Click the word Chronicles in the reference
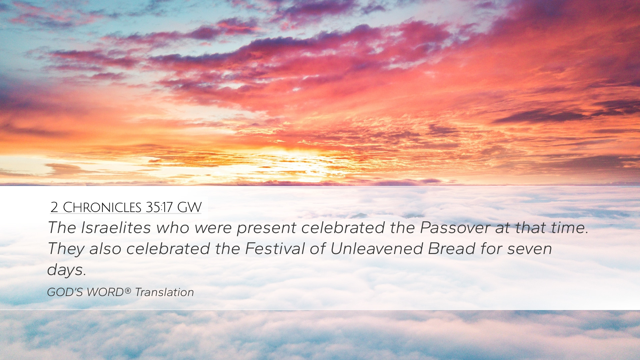click(102, 207)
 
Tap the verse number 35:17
click(159, 207)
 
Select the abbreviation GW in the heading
click(189, 207)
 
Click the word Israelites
click(116, 228)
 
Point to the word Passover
click(455, 228)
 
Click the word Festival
click(275, 249)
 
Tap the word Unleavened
click(376, 249)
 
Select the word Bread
click(452, 249)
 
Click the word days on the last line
click(65, 270)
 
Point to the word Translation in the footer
click(164, 292)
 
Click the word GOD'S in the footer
click(65, 292)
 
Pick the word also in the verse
click(105, 249)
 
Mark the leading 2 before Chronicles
click(54, 208)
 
